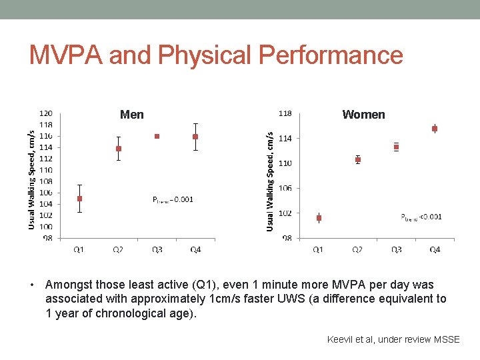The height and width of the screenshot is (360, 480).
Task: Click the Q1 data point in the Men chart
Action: coord(80,199)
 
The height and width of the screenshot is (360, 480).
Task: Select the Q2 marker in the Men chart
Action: coord(119,149)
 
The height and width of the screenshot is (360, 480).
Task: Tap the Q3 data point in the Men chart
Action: coord(157,136)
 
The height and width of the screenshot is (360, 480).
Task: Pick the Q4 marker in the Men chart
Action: coord(195,137)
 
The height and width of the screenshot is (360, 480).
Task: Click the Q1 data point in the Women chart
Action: coord(319,218)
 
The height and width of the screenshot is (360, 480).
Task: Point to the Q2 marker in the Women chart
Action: coord(358,160)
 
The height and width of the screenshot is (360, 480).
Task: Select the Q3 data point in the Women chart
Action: coord(396,147)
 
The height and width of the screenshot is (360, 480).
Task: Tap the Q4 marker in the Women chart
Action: coord(435,129)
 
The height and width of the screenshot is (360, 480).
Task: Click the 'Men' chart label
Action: coord(131,115)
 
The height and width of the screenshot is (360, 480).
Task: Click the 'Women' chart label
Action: coord(363,115)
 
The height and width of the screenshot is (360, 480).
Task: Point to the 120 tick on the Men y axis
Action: coord(48,113)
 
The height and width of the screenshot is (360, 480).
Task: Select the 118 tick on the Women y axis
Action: coord(285,113)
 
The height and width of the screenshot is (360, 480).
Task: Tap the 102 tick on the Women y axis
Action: coord(285,213)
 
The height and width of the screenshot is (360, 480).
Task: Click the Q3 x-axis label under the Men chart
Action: coord(157,249)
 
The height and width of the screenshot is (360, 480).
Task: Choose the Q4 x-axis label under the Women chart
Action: coord(435,249)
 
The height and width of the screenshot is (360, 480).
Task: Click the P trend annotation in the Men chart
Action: coord(173,199)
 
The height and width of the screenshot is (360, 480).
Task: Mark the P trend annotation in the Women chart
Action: coord(421,217)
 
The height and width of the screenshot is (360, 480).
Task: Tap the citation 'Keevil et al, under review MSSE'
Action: coord(393,339)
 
